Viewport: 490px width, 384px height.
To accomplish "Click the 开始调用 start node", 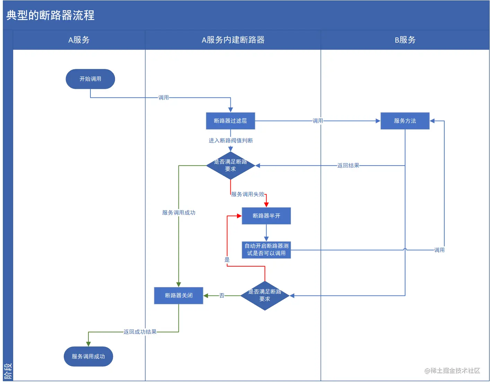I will [x=90, y=79].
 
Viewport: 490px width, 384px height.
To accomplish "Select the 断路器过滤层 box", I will [x=230, y=121].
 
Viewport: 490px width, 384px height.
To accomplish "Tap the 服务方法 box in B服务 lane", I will [x=405, y=121].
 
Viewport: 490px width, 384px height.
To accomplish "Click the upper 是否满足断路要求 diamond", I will [x=230, y=165].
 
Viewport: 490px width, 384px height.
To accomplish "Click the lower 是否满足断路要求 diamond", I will [x=265, y=296].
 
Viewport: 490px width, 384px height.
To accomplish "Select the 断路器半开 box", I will [x=266, y=216].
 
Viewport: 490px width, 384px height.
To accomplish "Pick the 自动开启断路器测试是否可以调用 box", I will [x=266, y=250].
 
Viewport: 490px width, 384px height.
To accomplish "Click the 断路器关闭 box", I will [x=178, y=296].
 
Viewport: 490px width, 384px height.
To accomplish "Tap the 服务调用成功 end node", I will [x=88, y=356].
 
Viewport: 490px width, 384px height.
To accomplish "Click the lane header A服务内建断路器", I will [x=233, y=40].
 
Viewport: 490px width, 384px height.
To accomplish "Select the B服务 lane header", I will [x=405, y=40].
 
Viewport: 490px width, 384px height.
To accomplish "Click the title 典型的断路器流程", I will [x=51, y=15].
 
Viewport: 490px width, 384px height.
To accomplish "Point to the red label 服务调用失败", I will [x=247, y=194].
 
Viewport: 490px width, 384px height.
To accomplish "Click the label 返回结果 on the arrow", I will [x=348, y=166].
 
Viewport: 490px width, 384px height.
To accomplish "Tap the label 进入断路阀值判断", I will [x=230, y=140].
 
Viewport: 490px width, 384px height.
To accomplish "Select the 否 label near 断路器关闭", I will [x=222, y=296].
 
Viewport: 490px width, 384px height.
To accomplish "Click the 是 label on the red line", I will [x=227, y=260].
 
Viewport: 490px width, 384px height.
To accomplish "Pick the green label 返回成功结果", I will [x=140, y=332].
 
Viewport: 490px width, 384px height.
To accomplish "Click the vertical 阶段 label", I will [x=8, y=372].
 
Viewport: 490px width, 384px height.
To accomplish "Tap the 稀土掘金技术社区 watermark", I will [x=452, y=371].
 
